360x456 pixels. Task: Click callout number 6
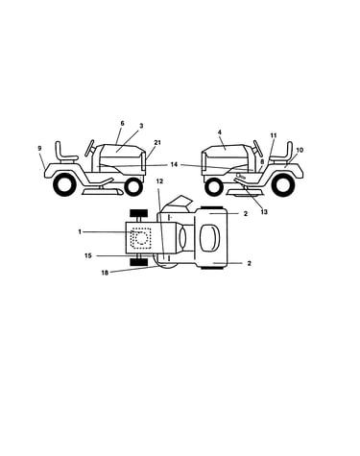pyautogui.click(x=122, y=123)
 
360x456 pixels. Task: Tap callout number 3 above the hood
pyautogui.click(x=141, y=126)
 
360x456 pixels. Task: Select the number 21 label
pyautogui.click(x=157, y=142)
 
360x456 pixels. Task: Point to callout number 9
pyautogui.click(x=39, y=149)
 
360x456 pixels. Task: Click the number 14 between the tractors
pyautogui.click(x=174, y=164)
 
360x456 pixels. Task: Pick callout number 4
pyautogui.click(x=220, y=132)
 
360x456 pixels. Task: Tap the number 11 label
pyautogui.click(x=273, y=135)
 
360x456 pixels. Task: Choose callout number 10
pyautogui.click(x=300, y=150)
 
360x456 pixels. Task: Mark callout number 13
pyautogui.click(x=264, y=212)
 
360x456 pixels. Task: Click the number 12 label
pyautogui.click(x=159, y=181)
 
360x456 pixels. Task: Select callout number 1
pyautogui.click(x=80, y=231)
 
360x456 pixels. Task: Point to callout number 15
pyautogui.click(x=88, y=255)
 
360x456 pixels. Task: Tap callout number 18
pyautogui.click(x=105, y=273)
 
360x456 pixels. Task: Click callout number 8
pyautogui.click(x=262, y=161)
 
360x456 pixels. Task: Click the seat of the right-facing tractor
pyautogui.click(x=65, y=152)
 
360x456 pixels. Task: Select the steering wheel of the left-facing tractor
pyautogui.click(x=257, y=149)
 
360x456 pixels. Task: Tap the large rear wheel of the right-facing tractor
pyautogui.click(x=65, y=184)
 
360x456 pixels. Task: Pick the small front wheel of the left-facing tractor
pyautogui.click(x=214, y=187)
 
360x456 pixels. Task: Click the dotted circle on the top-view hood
pyautogui.click(x=140, y=238)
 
